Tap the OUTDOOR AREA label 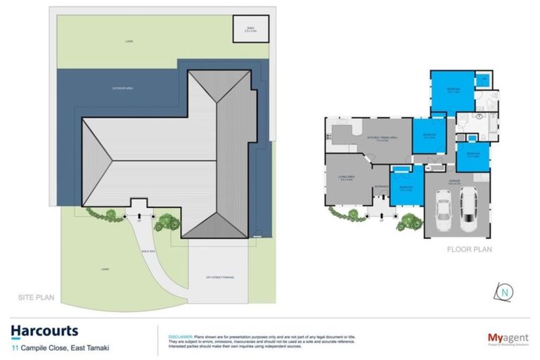(122, 88)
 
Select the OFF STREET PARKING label (219, 277)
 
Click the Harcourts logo (44, 330)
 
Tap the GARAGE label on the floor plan (455, 181)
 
